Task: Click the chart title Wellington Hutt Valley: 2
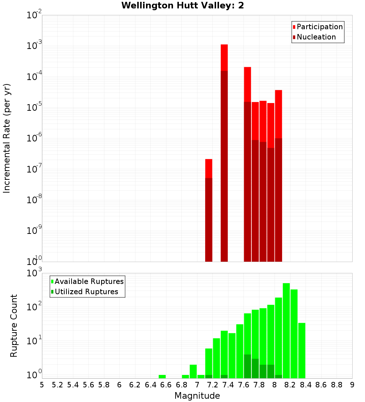[x=182, y=5]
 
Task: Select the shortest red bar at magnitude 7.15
[x=209, y=168]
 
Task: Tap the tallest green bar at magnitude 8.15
[x=286, y=329]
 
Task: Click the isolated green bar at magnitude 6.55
[x=162, y=376]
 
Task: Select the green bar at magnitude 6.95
[x=193, y=371]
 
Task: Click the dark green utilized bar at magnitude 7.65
[x=247, y=366]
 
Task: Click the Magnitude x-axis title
[x=197, y=396]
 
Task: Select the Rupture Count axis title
[x=14, y=325]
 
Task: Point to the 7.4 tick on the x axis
[x=228, y=385]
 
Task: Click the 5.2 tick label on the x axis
[x=58, y=385]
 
